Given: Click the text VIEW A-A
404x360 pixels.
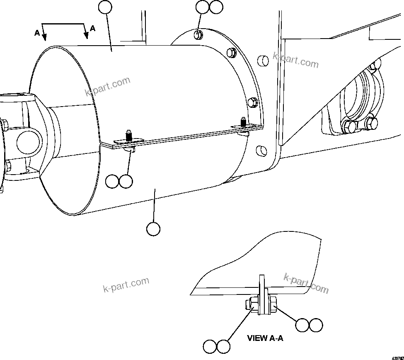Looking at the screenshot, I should tap(265, 338).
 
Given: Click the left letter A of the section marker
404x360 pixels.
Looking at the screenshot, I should tap(37, 33).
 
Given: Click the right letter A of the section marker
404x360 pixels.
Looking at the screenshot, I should tap(93, 28).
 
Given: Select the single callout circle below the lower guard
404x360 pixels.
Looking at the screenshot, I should tap(153, 229).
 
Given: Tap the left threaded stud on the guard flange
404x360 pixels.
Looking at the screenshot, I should tap(129, 136).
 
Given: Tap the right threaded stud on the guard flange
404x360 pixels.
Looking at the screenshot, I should tap(244, 122).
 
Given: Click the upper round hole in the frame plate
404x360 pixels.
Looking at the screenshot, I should tap(263, 61).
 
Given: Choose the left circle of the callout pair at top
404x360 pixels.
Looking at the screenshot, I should tap(202, 7).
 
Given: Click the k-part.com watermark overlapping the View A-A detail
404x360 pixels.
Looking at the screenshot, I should tap(306, 283).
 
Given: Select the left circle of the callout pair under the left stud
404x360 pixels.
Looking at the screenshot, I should tap(112, 181).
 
